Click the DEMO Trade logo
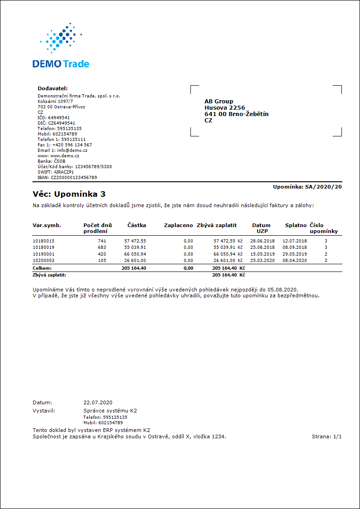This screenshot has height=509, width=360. click(61, 46)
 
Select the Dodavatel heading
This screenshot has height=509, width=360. click(52, 88)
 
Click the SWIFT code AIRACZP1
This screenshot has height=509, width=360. click(63, 172)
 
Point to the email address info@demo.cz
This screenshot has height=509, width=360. click(72, 150)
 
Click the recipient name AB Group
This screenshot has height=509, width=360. click(219, 102)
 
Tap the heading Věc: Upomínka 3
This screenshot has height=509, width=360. click(69, 194)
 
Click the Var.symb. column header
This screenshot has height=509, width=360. click(47, 225)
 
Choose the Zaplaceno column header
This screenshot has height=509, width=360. click(178, 225)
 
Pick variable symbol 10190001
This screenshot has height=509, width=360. click(44, 254)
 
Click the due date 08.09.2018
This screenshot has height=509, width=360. click(295, 247)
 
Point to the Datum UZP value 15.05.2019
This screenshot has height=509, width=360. click(263, 254)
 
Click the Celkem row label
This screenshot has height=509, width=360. click(42, 268)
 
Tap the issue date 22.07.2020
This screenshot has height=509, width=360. click(97, 402)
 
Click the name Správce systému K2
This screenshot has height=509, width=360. click(110, 411)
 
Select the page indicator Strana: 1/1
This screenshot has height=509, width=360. click(326, 436)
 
